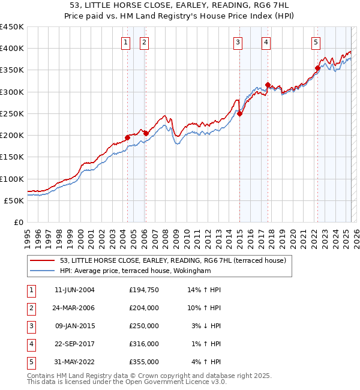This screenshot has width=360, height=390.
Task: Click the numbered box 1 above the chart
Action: (x=126, y=42)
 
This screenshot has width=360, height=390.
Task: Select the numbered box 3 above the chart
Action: (x=238, y=42)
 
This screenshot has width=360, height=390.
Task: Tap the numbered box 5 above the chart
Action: (x=316, y=42)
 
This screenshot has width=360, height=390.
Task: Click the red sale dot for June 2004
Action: (x=127, y=137)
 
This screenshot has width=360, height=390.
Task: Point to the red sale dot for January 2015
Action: (x=239, y=113)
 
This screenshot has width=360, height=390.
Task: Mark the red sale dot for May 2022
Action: (x=317, y=68)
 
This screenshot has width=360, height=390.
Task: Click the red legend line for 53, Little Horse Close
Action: (x=43, y=260)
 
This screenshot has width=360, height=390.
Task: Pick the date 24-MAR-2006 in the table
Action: (x=74, y=308)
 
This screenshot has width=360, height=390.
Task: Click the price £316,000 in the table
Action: (x=144, y=344)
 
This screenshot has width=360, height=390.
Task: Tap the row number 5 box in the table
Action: (x=30, y=362)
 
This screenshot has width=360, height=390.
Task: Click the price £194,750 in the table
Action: (x=144, y=290)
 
